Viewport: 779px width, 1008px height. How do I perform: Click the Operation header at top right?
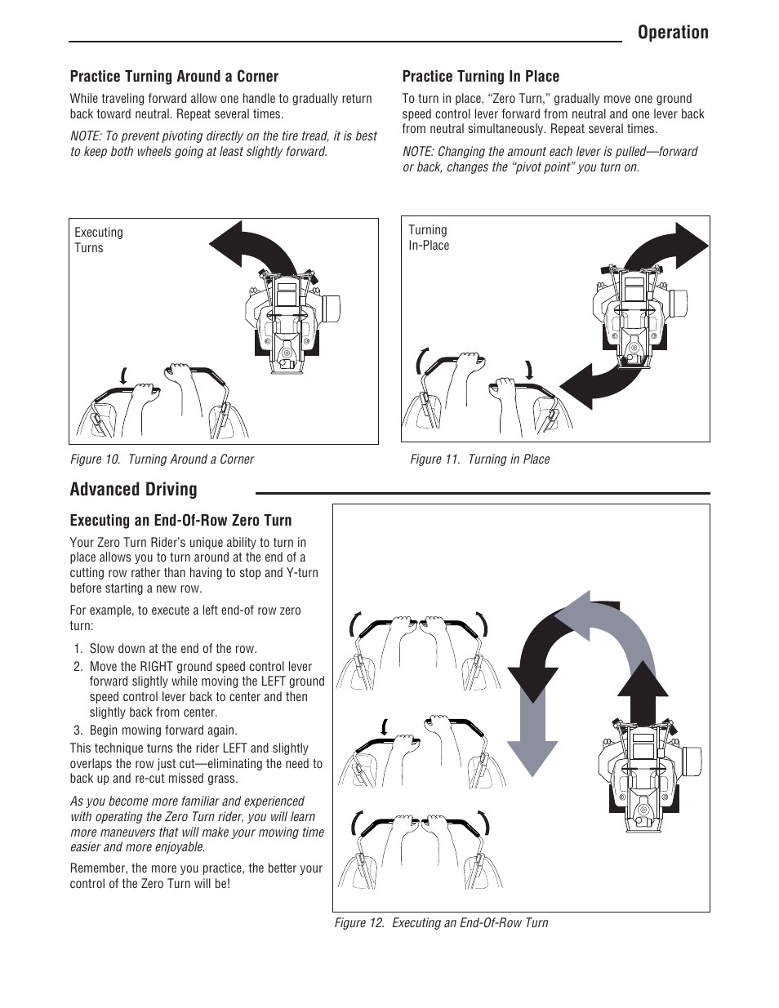[x=674, y=33]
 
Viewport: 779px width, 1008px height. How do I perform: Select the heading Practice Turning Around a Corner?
[x=174, y=77]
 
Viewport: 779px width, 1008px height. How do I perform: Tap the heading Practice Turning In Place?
[x=480, y=77]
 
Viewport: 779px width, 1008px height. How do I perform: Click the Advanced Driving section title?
[x=133, y=490]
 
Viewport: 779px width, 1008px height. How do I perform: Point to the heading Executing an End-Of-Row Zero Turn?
[x=180, y=521]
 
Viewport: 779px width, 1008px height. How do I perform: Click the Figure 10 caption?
[x=162, y=460]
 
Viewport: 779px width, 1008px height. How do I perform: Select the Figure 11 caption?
[x=479, y=460]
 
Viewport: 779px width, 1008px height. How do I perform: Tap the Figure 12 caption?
[x=441, y=923]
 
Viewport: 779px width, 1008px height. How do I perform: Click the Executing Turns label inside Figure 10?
[x=98, y=240]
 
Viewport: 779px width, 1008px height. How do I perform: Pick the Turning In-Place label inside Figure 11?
[x=429, y=238]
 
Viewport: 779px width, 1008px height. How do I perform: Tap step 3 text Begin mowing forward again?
[x=163, y=730]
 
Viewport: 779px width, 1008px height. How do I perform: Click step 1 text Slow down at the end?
[x=173, y=649]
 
